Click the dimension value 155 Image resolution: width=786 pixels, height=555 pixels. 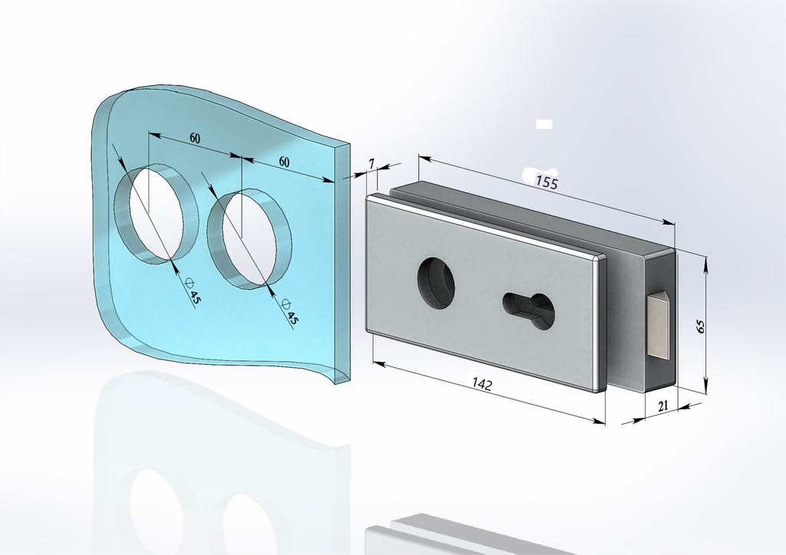click(547, 182)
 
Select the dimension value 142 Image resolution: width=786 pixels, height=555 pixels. click(482, 384)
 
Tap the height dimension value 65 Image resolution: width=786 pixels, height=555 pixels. click(701, 327)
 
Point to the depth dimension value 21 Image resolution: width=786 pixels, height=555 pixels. click(662, 406)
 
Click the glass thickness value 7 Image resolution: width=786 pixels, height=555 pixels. click(371, 163)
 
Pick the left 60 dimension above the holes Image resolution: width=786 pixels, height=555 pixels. click(194, 138)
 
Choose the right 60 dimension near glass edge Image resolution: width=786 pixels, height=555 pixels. click(284, 162)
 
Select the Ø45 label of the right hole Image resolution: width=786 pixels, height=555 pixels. click(289, 312)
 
